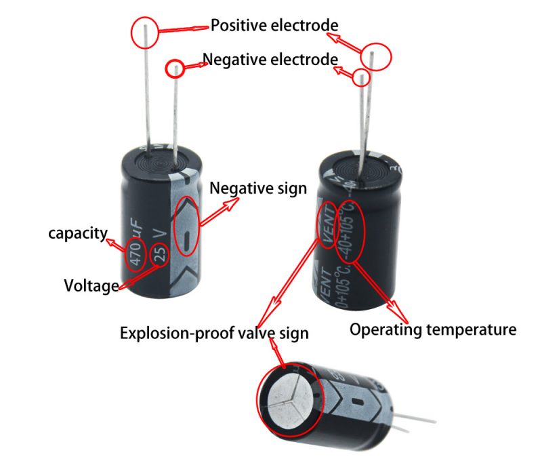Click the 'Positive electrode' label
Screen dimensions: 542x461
coord(274,26)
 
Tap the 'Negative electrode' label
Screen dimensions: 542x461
coord(270,60)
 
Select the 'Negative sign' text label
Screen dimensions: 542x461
coord(258,188)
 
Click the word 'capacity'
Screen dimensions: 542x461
coord(78,233)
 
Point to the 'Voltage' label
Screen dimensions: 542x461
coord(91,286)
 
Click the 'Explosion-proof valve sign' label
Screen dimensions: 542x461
coord(214,334)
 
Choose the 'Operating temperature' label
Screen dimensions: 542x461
coord(433,329)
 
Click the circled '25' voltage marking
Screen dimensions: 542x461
coord(160,254)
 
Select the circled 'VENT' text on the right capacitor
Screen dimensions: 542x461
coord(328,225)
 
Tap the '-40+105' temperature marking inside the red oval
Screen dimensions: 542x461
coord(348,233)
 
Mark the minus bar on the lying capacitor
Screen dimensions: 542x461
coord(357,402)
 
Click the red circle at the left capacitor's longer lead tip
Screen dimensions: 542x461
coord(144,32)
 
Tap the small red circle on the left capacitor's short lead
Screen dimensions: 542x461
coord(175,69)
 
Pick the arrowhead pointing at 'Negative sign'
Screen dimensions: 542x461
coord(232,203)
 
